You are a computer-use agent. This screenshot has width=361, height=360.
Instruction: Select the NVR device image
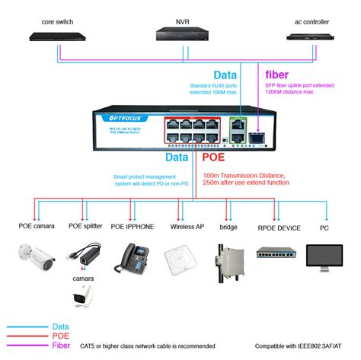coord(182,33)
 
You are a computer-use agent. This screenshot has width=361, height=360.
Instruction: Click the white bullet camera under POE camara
coord(37,259)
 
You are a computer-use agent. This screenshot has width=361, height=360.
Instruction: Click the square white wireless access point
coord(181,259)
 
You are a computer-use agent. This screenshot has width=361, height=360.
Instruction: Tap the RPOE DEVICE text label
coord(278,227)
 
